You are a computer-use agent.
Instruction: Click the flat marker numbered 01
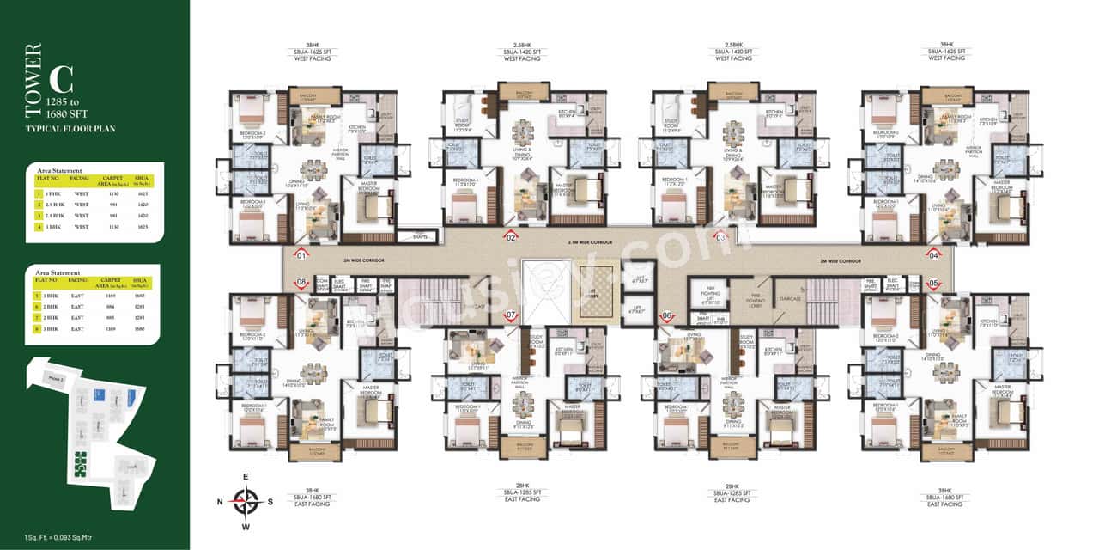click(x=301, y=254)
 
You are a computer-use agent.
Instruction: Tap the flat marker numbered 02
click(x=511, y=236)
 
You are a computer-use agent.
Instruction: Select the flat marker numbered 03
click(x=721, y=236)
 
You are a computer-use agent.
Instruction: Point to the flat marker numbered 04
click(x=934, y=254)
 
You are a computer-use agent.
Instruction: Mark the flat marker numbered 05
click(x=934, y=283)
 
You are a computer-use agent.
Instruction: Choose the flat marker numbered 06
click(x=667, y=315)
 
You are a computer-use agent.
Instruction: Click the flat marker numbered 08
click(x=301, y=283)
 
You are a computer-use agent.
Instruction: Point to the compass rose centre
click(x=247, y=500)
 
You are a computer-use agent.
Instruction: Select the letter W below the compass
click(x=247, y=527)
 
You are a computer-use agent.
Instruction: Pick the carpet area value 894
click(x=108, y=307)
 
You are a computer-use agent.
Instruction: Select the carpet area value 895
click(x=108, y=317)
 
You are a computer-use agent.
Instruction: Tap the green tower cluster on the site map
click(x=82, y=464)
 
